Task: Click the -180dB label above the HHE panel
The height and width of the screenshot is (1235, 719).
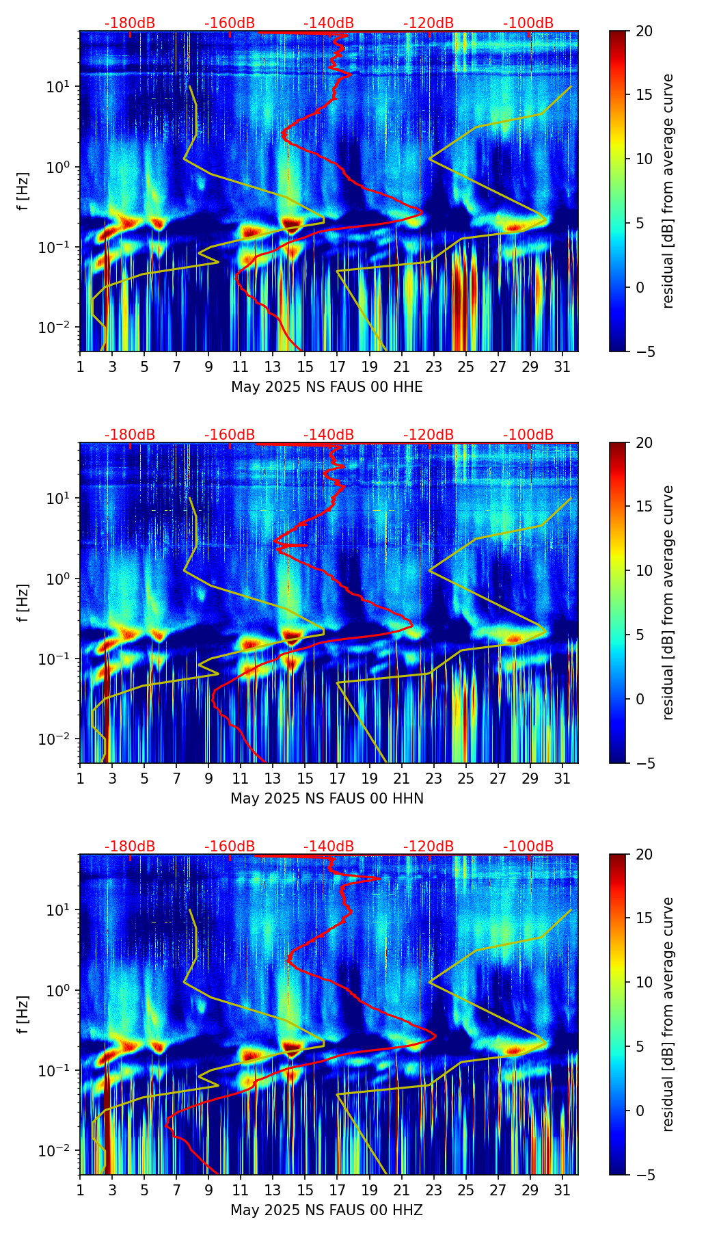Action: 130,23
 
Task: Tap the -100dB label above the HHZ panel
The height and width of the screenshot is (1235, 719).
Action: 528,847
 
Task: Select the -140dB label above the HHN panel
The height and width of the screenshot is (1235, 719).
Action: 329,435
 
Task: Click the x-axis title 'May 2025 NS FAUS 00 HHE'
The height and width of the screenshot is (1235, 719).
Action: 327,387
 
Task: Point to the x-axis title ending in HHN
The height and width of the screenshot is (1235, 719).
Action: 327,799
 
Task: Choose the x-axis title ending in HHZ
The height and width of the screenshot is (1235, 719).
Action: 327,1210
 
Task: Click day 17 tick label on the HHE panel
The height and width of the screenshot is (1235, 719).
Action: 337,367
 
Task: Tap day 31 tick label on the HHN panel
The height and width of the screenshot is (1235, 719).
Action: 562,778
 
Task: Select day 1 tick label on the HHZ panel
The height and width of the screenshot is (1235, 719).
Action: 80,1190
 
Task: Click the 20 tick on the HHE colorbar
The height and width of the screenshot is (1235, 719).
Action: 644,31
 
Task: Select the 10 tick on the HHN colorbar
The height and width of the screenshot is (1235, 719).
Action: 644,570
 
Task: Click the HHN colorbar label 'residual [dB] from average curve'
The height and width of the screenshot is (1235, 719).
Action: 668,602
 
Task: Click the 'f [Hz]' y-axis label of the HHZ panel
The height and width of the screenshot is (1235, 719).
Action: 23,1014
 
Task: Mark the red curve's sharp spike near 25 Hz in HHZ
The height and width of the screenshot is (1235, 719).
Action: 379,878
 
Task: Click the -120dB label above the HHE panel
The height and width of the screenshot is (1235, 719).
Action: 429,23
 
